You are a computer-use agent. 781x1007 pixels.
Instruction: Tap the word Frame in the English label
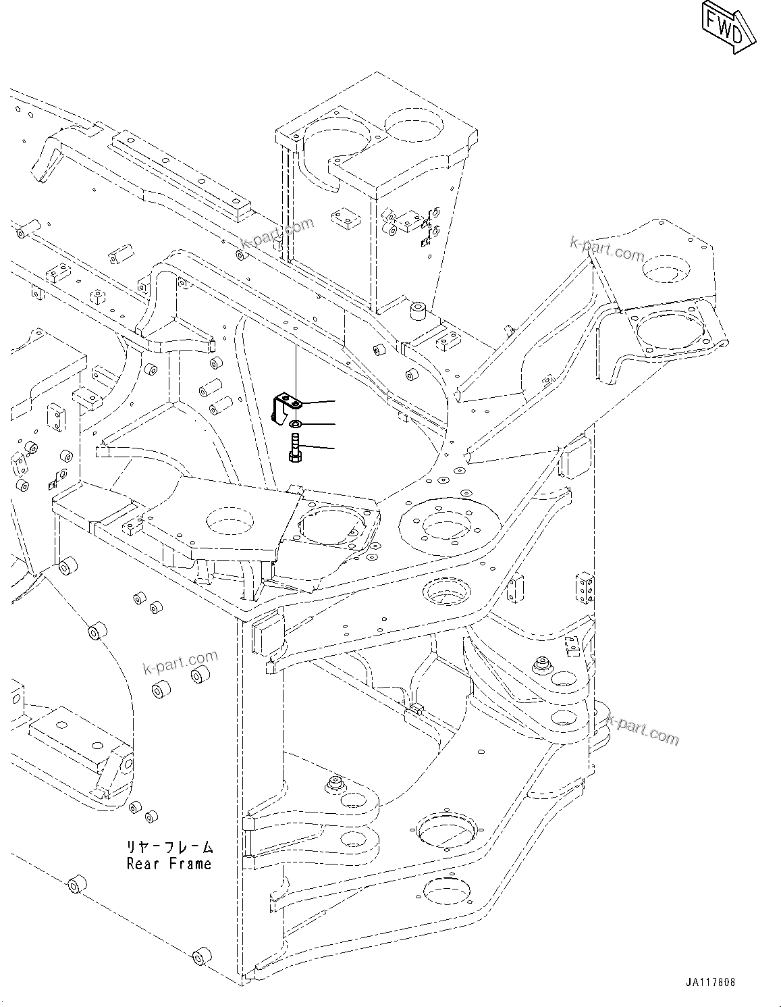pyautogui.click(x=189, y=863)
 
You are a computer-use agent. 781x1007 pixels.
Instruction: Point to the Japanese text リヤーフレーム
pyautogui.click(x=169, y=847)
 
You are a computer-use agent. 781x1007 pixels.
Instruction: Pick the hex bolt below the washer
pyautogui.click(x=296, y=448)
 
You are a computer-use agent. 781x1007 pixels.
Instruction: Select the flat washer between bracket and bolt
pyautogui.click(x=295, y=424)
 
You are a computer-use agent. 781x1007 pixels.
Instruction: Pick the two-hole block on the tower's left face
pyautogui.click(x=343, y=218)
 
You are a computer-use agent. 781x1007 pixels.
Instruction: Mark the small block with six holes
pyautogui.click(x=584, y=588)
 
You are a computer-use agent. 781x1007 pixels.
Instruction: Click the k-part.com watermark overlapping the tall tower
pyautogui.click(x=277, y=234)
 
